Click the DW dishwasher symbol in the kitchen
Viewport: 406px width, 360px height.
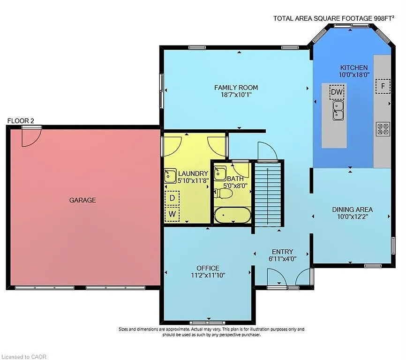(x=337, y=92)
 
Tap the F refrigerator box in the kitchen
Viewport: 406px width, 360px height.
(x=383, y=86)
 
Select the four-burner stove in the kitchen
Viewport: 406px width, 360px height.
(x=383, y=129)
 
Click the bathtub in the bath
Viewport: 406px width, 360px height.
(x=233, y=215)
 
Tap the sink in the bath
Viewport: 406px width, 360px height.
(x=220, y=173)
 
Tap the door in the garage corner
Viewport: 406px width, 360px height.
(x=31, y=137)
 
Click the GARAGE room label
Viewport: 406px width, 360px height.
(x=83, y=200)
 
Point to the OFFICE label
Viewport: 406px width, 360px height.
(x=208, y=268)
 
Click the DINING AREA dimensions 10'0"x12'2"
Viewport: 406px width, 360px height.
(x=352, y=217)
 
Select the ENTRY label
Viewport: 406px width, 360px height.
(x=282, y=251)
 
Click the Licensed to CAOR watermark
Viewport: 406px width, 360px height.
(x=24, y=357)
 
